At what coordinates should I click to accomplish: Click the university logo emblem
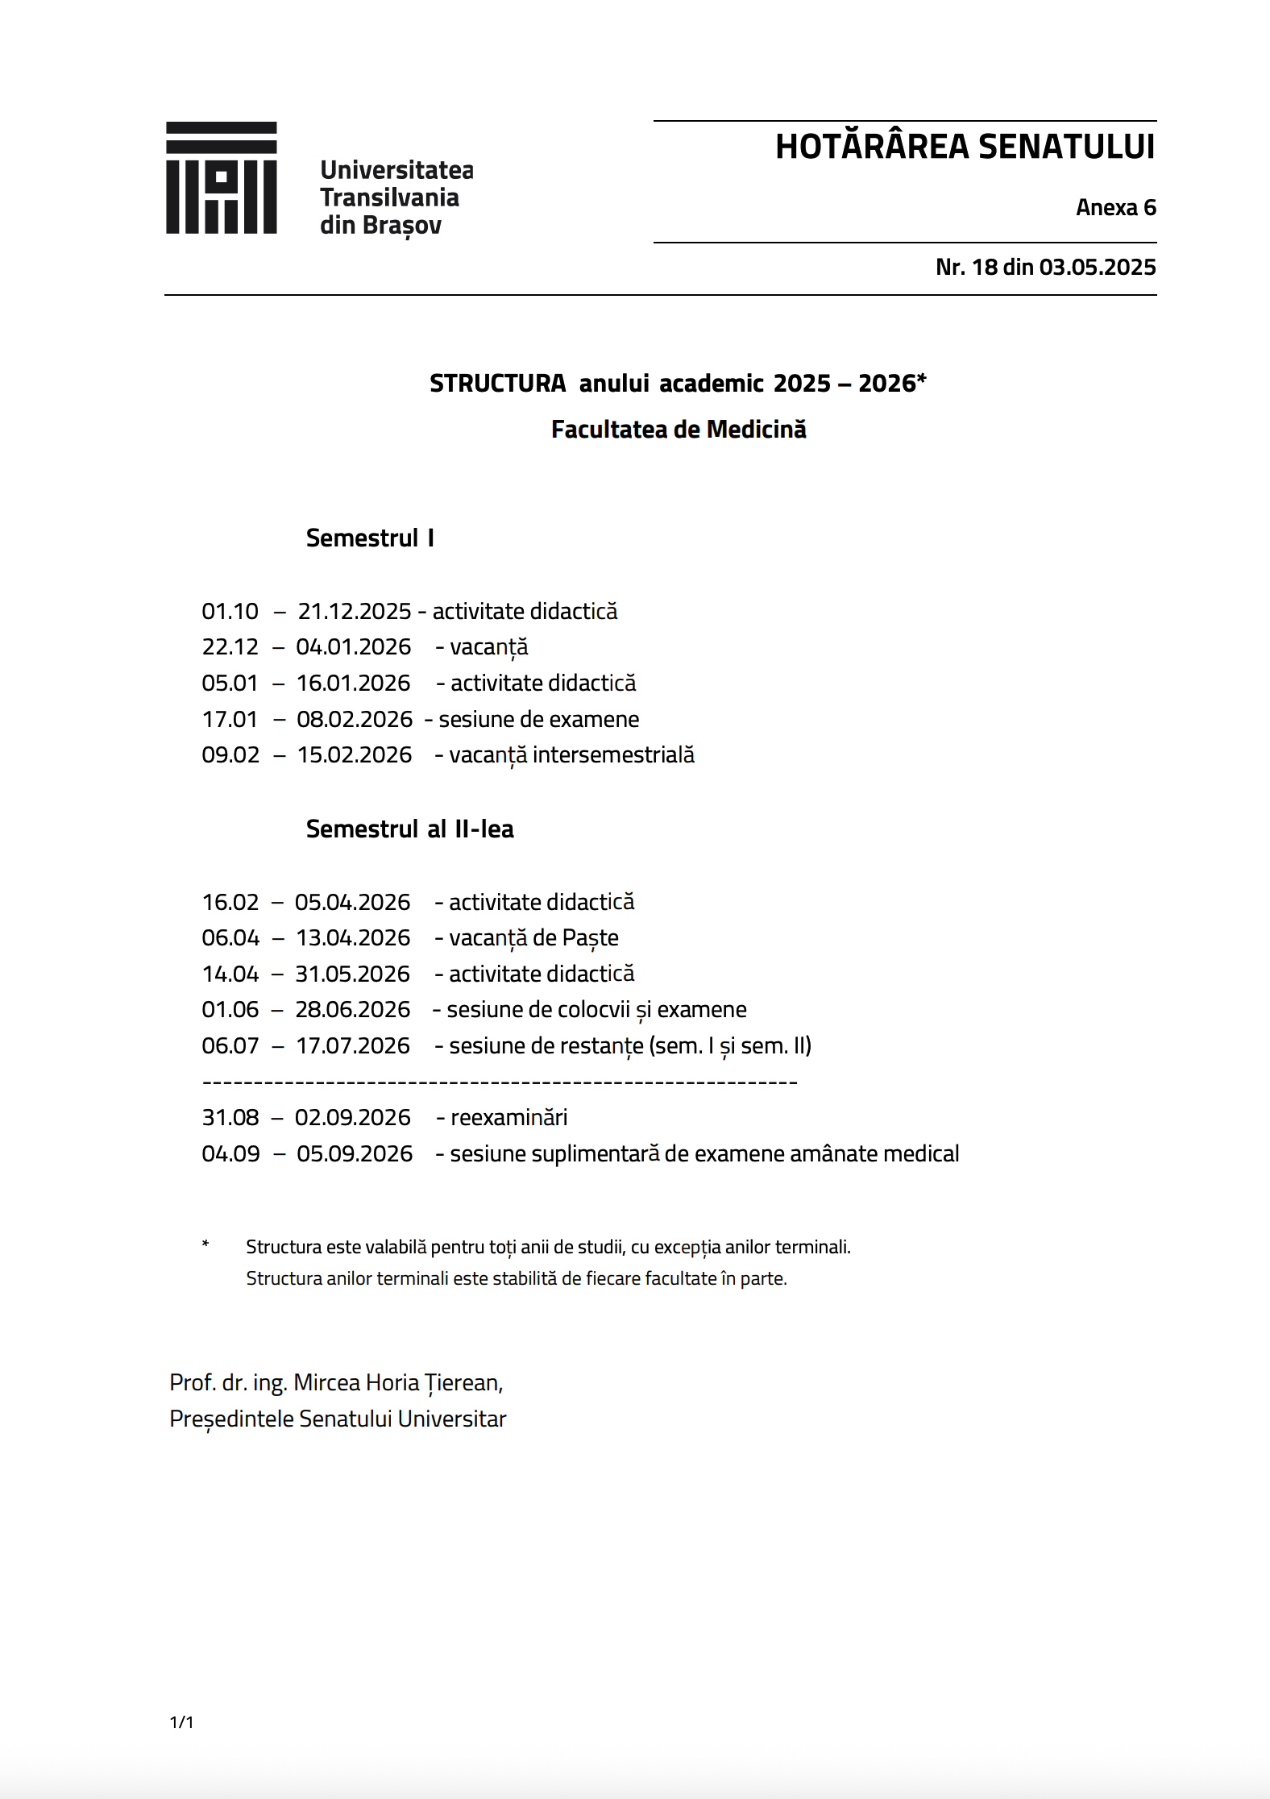[221, 178]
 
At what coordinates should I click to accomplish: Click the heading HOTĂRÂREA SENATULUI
[965, 147]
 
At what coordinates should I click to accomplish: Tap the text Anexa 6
[1115, 208]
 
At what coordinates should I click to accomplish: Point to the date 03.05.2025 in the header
[1097, 268]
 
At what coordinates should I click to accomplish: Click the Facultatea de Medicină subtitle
[678, 430]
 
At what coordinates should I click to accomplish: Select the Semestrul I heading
[370, 538]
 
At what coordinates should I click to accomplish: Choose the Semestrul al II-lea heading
[409, 829]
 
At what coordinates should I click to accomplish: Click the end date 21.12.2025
[355, 612]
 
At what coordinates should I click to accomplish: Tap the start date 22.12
[230, 647]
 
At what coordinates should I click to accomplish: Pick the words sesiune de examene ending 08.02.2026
[538, 719]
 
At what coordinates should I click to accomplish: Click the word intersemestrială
[613, 755]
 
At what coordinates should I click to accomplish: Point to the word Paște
[590, 938]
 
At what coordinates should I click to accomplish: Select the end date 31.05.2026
[352, 974]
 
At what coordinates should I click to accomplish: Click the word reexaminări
[508, 1118]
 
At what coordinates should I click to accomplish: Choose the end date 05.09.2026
[355, 1154]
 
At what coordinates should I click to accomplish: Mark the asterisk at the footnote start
[205, 1245]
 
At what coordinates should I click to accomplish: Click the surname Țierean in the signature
[463, 1383]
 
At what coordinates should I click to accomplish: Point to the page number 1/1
[181, 1722]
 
